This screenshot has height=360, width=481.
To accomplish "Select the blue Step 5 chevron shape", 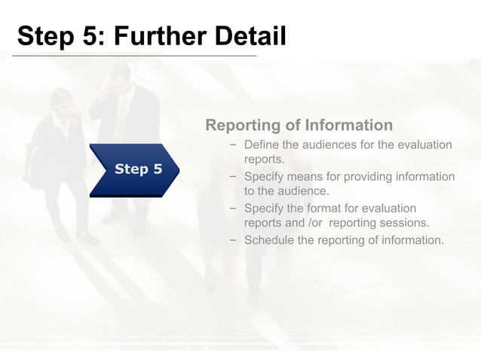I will pos(136,169).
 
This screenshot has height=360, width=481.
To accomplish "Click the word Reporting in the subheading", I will pos(244,125).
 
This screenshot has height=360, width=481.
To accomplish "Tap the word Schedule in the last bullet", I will pos(269,240).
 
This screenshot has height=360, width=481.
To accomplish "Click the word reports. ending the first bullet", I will pos(264,159).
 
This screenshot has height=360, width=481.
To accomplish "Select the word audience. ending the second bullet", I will pos(305,191).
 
